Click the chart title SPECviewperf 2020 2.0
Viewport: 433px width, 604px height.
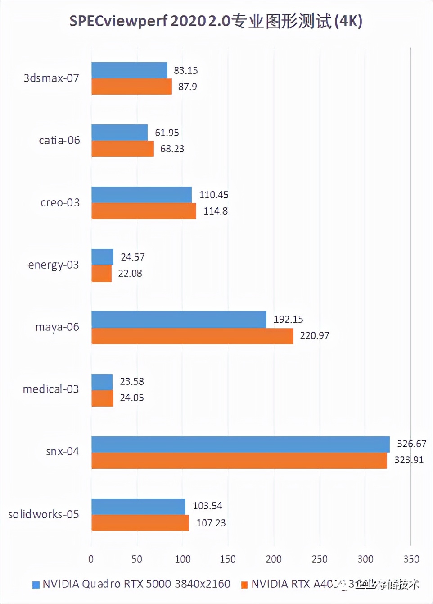[x=216, y=21]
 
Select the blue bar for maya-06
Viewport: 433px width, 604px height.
[x=179, y=320]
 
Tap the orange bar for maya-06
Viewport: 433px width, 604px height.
[x=192, y=336]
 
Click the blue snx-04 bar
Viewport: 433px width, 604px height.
[x=240, y=444]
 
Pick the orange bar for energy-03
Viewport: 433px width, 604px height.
[x=101, y=274]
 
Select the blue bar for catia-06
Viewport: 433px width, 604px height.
[x=119, y=133]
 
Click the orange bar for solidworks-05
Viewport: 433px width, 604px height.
[x=140, y=523]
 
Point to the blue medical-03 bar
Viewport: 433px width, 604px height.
[x=102, y=382]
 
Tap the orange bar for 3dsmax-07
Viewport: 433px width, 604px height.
[x=131, y=87]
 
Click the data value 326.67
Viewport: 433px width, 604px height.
[x=411, y=444]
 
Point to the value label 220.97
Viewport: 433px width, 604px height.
[x=314, y=335]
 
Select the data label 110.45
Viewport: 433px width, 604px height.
[x=213, y=195]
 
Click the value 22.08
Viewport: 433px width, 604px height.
[x=130, y=273]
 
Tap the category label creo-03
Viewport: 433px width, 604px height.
[x=60, y=202]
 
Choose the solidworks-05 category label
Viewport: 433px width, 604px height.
[x=43, y=514]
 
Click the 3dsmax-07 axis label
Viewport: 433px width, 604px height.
[x=51, y=78]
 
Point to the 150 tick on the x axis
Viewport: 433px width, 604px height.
[x=228, y=559]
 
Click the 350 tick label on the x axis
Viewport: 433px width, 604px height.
[x=411, y=559]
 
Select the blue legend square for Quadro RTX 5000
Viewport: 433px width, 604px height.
[x=36, y=585]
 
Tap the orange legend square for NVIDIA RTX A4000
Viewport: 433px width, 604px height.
[x=244, y=585]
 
